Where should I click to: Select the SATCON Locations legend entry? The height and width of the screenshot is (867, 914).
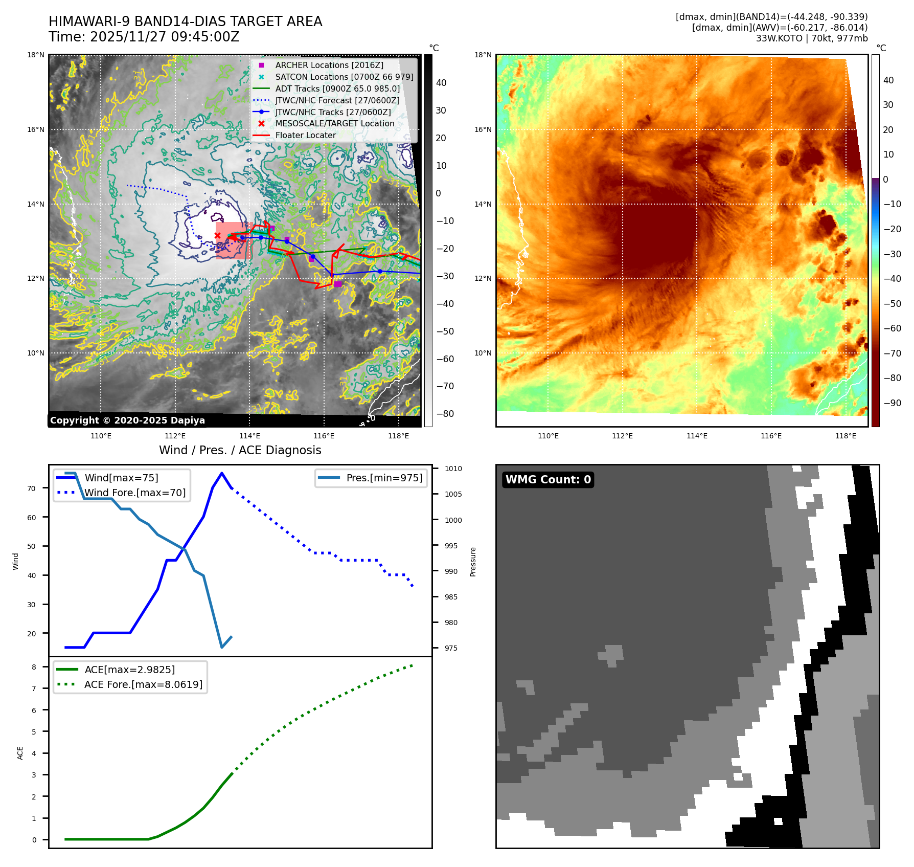point(344,77)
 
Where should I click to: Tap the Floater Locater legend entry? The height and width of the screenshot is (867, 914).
point(305,135)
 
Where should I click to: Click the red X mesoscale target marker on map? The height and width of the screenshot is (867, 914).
point(217,235)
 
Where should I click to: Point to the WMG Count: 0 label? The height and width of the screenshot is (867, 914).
point(548,479)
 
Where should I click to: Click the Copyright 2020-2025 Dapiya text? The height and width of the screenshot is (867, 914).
point(127,420)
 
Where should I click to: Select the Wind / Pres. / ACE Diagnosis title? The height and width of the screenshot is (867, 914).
point(240,450)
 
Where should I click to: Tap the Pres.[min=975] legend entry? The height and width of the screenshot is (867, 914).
point(384,478)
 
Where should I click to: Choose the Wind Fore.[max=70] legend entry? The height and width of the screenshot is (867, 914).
point(134,493)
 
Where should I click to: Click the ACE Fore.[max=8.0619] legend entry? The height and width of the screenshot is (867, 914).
point(143,684)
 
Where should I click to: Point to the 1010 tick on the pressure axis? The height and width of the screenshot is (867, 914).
point(453,469)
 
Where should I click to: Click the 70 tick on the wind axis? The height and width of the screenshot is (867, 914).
point(32,488)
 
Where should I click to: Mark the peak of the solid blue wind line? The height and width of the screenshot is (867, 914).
point(221,473)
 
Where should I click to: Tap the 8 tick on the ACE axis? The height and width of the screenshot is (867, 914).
point(34,667)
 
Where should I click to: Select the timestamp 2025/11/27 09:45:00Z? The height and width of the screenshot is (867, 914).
point(165,37)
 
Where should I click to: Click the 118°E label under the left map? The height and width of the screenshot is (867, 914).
point(398,436)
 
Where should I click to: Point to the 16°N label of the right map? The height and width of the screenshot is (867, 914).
point(483,130)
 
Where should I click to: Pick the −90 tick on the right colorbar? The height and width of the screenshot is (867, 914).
point(892,403)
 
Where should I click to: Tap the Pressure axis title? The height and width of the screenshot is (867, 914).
point(473,562)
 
